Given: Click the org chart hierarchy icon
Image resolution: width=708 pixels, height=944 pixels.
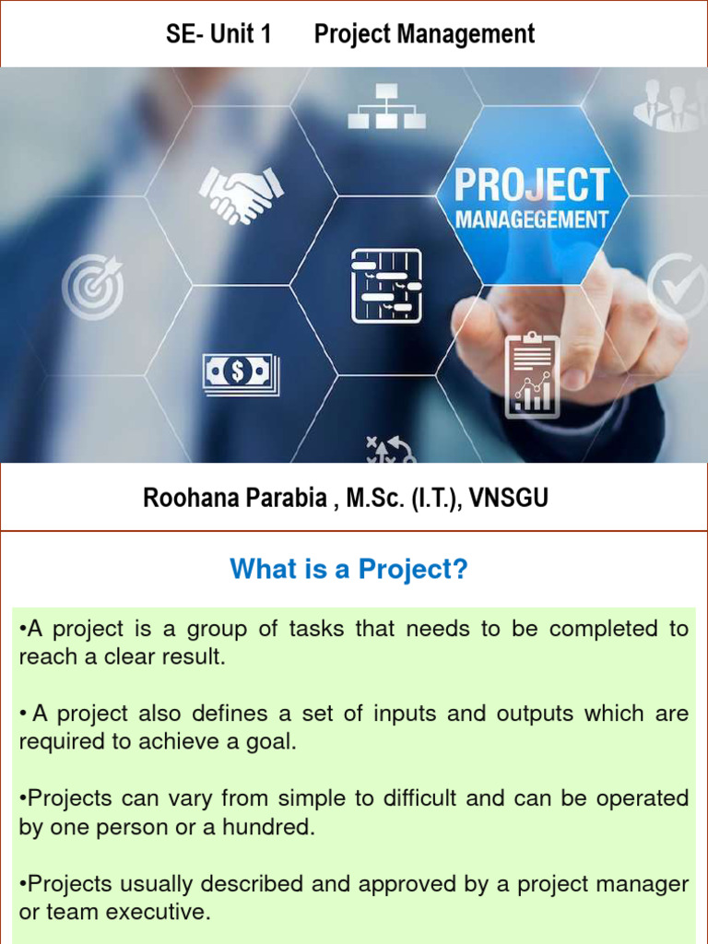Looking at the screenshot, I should pyautogui.click(x=384, y=106).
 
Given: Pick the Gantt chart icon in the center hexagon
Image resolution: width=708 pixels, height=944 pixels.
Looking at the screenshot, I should pyautogui.click(x=386, y=286).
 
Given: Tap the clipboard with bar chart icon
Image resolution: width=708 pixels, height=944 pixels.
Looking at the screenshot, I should pyautogui.click(x=532, y=376).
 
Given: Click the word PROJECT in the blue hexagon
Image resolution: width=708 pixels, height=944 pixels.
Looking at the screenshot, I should pyautogui.click(x=532, y=185).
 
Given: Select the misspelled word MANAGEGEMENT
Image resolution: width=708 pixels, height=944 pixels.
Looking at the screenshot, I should pyautogui.click(x=532, y=220).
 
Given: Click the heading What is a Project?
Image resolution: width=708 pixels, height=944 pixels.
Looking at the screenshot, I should pyautogui.click(x=349, y=570).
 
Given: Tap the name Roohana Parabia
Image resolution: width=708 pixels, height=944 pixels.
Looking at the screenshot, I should pyautogui.click(x=234, y=499).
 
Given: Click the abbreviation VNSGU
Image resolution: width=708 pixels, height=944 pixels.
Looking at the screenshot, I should pyautogui.click(x=508, y=499).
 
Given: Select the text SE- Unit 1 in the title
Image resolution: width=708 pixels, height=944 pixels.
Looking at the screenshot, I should pyautogui.click(x=218, y=35).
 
